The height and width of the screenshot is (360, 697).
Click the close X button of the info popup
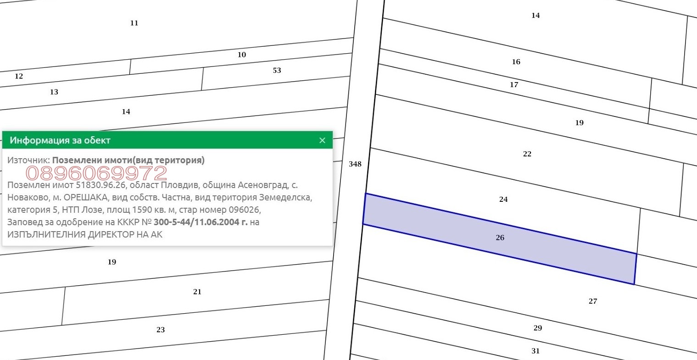(x=323, y=140)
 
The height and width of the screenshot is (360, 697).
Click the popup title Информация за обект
(x=60, y=140)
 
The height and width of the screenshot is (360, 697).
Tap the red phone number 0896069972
(x=96, y=173)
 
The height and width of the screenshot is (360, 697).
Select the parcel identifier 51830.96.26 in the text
(x=101, y=185)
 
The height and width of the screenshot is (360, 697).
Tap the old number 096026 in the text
(x=244, y=210)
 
